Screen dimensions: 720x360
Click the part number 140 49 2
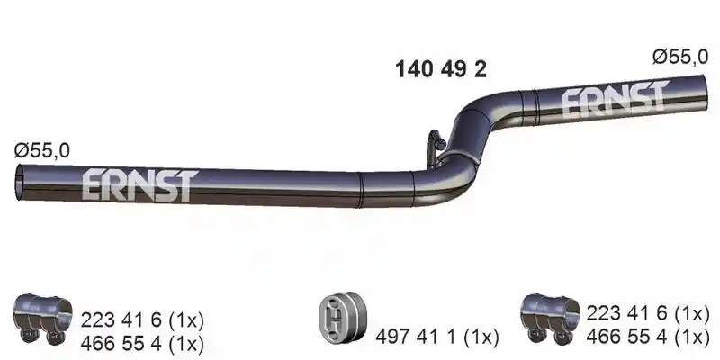click(x=441, y=70)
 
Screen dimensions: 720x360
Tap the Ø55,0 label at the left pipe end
click(x=41, y=150)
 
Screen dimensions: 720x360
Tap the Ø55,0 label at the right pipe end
click(x=680, y=57)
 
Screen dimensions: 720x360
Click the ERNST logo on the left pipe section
click(x=140, y=184)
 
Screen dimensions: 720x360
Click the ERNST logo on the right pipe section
click(x=615, y=98)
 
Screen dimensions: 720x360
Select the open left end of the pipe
click(x=19, y=183)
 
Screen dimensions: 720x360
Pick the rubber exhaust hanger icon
click(x=343, y=317)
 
